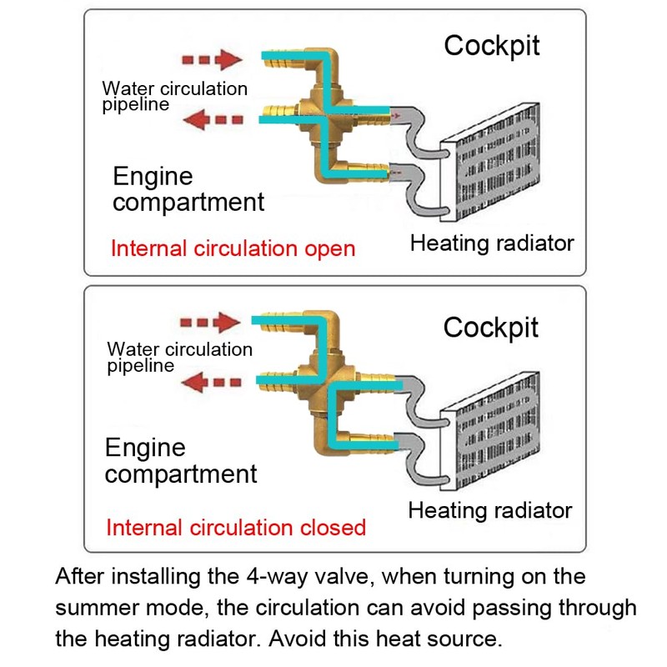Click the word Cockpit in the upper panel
point(492,45)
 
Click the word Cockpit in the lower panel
point(491,327)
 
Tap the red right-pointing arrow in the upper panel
point(212,60)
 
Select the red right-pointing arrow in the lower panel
point(210,322)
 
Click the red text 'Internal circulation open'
point(233,248)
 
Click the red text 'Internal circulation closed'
point(236,527)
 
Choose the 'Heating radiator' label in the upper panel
point(492,243)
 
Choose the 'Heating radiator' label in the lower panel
point(490,510)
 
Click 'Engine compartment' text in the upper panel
point(188,189)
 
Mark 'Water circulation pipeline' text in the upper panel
point(174,96)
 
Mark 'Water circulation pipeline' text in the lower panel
point(179,357)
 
